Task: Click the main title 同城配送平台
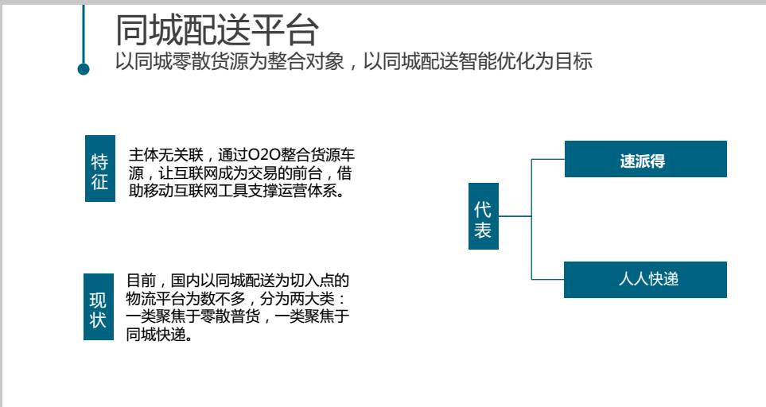click(x=216, y=30)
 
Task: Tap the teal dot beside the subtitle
click(x=84, y=69)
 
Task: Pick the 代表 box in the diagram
click(x=483, y=221)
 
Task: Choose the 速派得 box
click(x=645, y=159)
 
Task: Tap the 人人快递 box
click(x=645, y=279)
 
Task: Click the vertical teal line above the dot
click(x=84, y=32)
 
